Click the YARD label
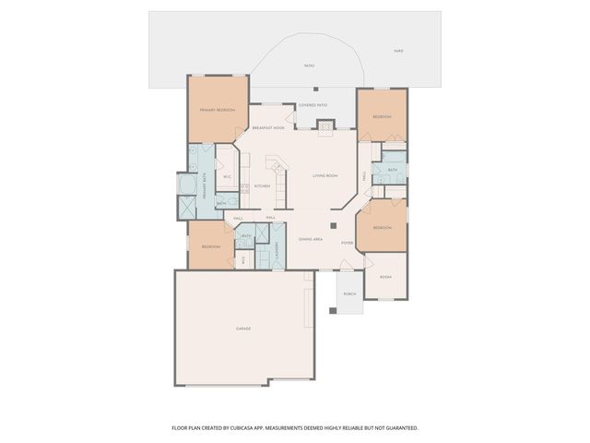pyautogui.click(x=398, y=51)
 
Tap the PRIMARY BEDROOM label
pyautogui.click(x=218, y=111)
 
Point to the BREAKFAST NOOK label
pyautogui.click(x=268, y=127)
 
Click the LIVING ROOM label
pyautogui.click(x=325, y=175)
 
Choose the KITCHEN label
pyautogui.click(x=262, y=186)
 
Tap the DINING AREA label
pyautogui.click(x=310, y=239)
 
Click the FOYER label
pyautogui.click(x=347, y=243)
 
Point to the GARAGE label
pyautogui.click(x=243, y=329)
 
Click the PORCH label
pyautogui.click(x=349, y=293)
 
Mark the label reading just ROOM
pyautogui.click(x=385, y=277)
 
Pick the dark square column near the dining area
pyautogui.click(x=334, y=224)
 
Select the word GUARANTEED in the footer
pyautogui.click(x=400, y=428)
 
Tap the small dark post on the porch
pyautogui.click(x=333, y=310)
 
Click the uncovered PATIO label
pyautogui.click(x=310, y=66)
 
